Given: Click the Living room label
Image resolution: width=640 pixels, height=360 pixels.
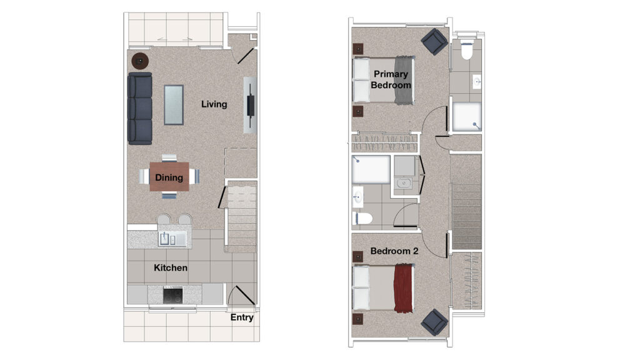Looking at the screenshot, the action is point(214,104).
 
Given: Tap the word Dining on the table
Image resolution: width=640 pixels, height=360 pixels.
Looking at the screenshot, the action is point(169,177).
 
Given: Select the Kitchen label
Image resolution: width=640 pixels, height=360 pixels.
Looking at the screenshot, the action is point(171,267).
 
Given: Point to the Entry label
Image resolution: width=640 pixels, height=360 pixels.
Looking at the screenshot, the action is point(242,317).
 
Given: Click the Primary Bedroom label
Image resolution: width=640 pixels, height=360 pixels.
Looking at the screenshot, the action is point(391,79).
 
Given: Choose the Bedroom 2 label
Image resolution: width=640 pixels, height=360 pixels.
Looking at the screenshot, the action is point(394,251).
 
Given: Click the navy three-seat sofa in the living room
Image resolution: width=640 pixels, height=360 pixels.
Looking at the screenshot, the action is point(140,109).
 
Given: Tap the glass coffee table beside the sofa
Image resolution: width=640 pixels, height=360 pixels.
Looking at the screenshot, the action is point(174,105).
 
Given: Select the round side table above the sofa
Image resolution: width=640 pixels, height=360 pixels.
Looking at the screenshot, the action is point(140,61).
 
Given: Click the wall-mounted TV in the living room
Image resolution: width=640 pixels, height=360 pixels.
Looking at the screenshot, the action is point(250,105).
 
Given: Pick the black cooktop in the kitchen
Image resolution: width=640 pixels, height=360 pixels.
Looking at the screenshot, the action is point(172,296).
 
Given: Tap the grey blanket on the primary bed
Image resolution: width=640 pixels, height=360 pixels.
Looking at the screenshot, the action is point(404,80).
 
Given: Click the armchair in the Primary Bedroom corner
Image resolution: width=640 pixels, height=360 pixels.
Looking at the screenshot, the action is point(434,41).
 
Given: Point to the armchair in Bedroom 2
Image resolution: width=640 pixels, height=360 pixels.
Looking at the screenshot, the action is point(434,322).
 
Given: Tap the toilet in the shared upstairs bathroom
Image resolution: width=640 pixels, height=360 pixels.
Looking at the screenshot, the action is point(362,218).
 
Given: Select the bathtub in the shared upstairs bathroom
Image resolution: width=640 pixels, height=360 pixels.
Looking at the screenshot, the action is point(371,169).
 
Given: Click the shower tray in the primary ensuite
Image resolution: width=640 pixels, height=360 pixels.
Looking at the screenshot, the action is point(467,117).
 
